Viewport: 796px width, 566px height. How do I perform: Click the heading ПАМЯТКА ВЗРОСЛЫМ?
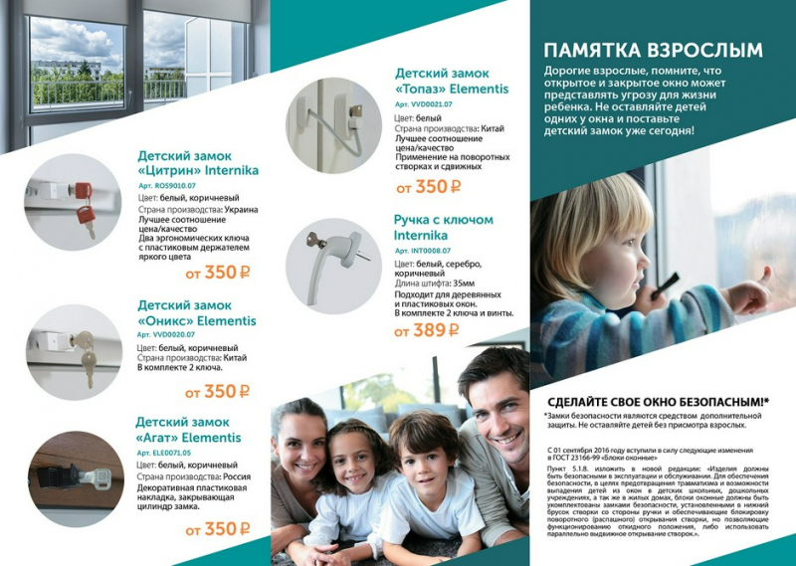pyautogui.click(x=654, y=50)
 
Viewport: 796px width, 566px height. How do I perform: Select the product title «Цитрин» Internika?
pyautogui.click(x=198, y=163)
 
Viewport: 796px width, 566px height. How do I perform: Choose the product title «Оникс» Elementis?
pyautogui.click(x=196, y=312)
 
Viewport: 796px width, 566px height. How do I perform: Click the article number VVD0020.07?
pyautogui.click(x=166, y=334)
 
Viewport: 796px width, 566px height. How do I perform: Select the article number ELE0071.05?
pyautogui.click(x=164, y=453)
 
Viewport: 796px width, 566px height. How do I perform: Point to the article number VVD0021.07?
pyautogui.click(x=424, y=103)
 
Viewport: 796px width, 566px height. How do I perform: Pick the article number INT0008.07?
pyautogui.click(x=423, y=251)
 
